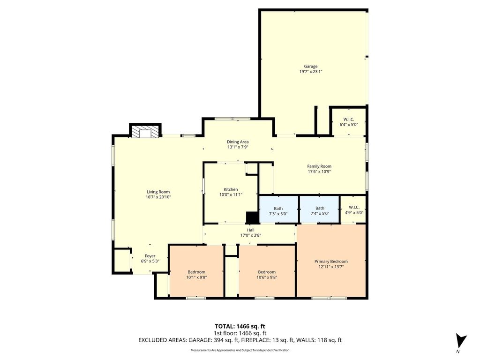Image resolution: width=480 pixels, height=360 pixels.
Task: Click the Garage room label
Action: click(310, 66)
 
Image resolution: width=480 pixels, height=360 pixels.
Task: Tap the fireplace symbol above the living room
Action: click(145, 131)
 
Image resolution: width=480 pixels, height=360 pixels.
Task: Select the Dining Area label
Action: click(238, 142)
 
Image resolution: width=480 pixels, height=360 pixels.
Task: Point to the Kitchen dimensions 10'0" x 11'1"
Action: click(231, 195)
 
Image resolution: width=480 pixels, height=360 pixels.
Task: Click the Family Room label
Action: click(319, 166)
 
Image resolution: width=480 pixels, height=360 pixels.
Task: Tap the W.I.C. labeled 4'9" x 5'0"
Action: click(353, 210)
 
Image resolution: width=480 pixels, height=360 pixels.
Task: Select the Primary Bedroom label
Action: click(331, 262)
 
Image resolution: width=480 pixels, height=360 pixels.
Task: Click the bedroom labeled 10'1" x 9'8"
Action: click(196, 271)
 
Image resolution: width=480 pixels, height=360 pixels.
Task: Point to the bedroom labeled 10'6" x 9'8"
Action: click(267, 271)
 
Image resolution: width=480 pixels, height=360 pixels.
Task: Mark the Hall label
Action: click(251, 230)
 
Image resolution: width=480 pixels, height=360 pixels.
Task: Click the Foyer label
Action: click(150, 256)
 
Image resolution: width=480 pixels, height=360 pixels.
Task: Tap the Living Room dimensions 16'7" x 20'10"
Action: click(158, 197)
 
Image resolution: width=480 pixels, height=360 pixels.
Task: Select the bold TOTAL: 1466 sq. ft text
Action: click(238, 326)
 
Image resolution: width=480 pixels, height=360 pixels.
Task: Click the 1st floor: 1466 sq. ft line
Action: click(240, 333)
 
